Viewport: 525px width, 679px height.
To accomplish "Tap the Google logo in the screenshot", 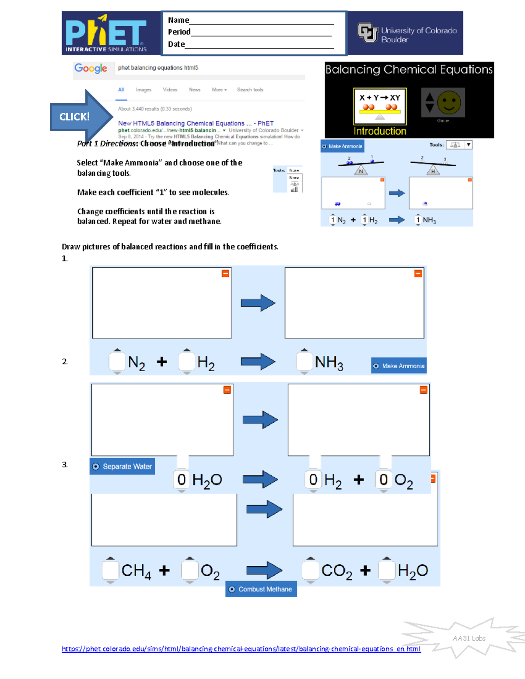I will pos(91,68).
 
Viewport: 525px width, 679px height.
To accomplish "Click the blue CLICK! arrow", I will pos(81,117).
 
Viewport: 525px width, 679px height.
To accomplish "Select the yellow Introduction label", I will pos(380,131).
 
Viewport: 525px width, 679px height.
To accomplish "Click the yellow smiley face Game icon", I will pos(448,103).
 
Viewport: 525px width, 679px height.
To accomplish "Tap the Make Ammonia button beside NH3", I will pos(399,366).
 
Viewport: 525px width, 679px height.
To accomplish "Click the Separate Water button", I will pos(122,467).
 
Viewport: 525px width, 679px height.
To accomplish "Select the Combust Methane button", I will pos(261,589).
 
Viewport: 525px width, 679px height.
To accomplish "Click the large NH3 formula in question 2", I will pos(329,362).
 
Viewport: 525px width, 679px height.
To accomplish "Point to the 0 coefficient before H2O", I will pos(182,480).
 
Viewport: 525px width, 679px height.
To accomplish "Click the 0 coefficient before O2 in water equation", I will pos(384,480).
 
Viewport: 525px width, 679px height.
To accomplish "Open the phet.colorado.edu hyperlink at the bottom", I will pos(241,649).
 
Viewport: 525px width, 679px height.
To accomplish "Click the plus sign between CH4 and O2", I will pos(164,571).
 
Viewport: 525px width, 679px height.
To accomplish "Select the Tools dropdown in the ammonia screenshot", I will pos(458,145).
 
